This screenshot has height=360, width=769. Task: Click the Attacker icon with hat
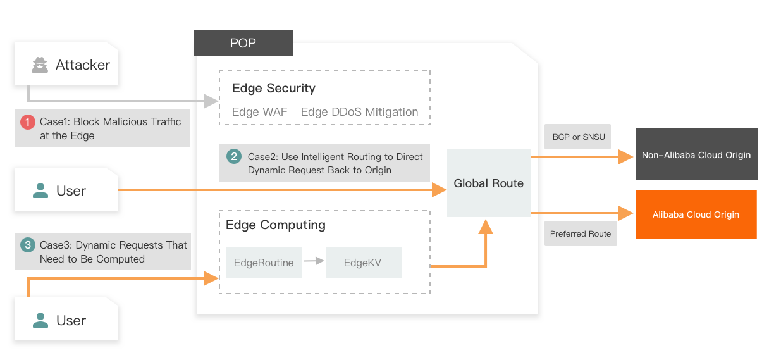click(x=40, y=65)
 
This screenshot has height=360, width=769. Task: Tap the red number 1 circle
click(x=28, y=122)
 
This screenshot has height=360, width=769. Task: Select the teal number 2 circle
click(x=234, y=156)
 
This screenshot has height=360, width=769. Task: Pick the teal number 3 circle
click(x=28, y=245)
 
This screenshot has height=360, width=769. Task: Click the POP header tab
click(x=243, y=43)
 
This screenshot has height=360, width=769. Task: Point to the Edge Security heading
click(x=273, y=89)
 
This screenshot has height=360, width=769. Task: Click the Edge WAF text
click(x=259, y=112)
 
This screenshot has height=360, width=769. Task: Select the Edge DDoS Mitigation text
click(x=359, y=112)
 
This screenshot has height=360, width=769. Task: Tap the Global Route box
click(x=488, y=183)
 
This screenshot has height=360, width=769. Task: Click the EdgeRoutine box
click(x=264, y=263)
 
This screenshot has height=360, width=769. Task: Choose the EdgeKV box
click(x=363, y=263)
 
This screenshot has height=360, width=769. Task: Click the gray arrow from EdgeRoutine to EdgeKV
click(x=314, y=260)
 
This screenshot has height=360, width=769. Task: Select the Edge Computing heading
click(x=276, y=225)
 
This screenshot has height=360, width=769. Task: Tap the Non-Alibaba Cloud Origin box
click(x=696, y=155)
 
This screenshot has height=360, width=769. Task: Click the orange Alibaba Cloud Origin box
click(x=696, y=214)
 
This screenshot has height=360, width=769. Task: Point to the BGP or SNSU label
click(x=579, y=137)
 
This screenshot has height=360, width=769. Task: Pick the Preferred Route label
click(x=581, y=233)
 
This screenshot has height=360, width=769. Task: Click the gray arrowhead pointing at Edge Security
click(x=211, y=101)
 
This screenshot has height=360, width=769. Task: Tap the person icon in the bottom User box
click(x=40, y=320)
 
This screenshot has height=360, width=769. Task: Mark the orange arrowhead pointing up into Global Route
click(x=485, y=227)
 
